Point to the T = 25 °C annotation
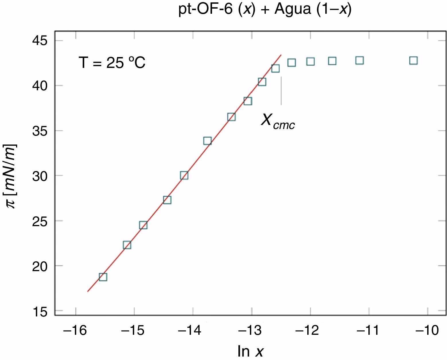(112, 62)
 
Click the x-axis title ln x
(250, 351)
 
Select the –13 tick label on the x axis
(252, 330)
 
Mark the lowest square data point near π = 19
(103, 277)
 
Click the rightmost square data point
(413, 60)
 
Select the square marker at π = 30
(184, 175)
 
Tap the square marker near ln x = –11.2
(359, 60)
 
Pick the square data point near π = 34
(207, 141)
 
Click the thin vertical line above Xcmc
(281, 91)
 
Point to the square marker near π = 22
(127, 245)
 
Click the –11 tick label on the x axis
(369, 330)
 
